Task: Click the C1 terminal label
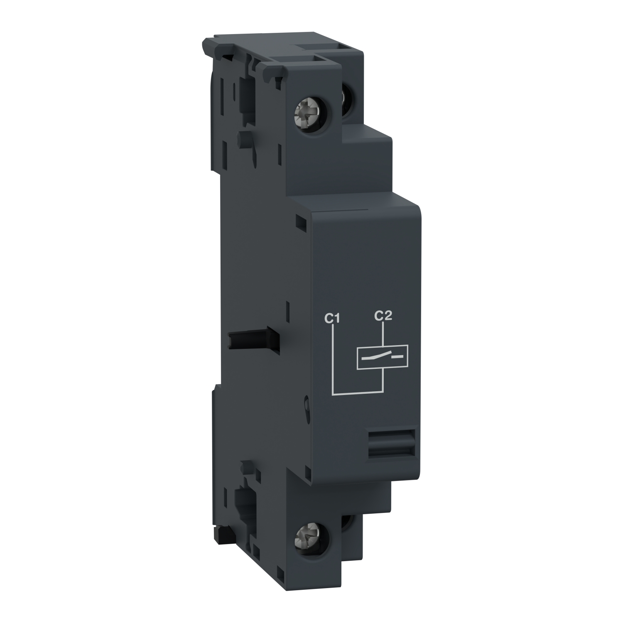point(332,319)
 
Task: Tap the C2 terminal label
point(383,316)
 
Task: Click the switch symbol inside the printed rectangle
point(382,356)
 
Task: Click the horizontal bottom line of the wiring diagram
point(357,392)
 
